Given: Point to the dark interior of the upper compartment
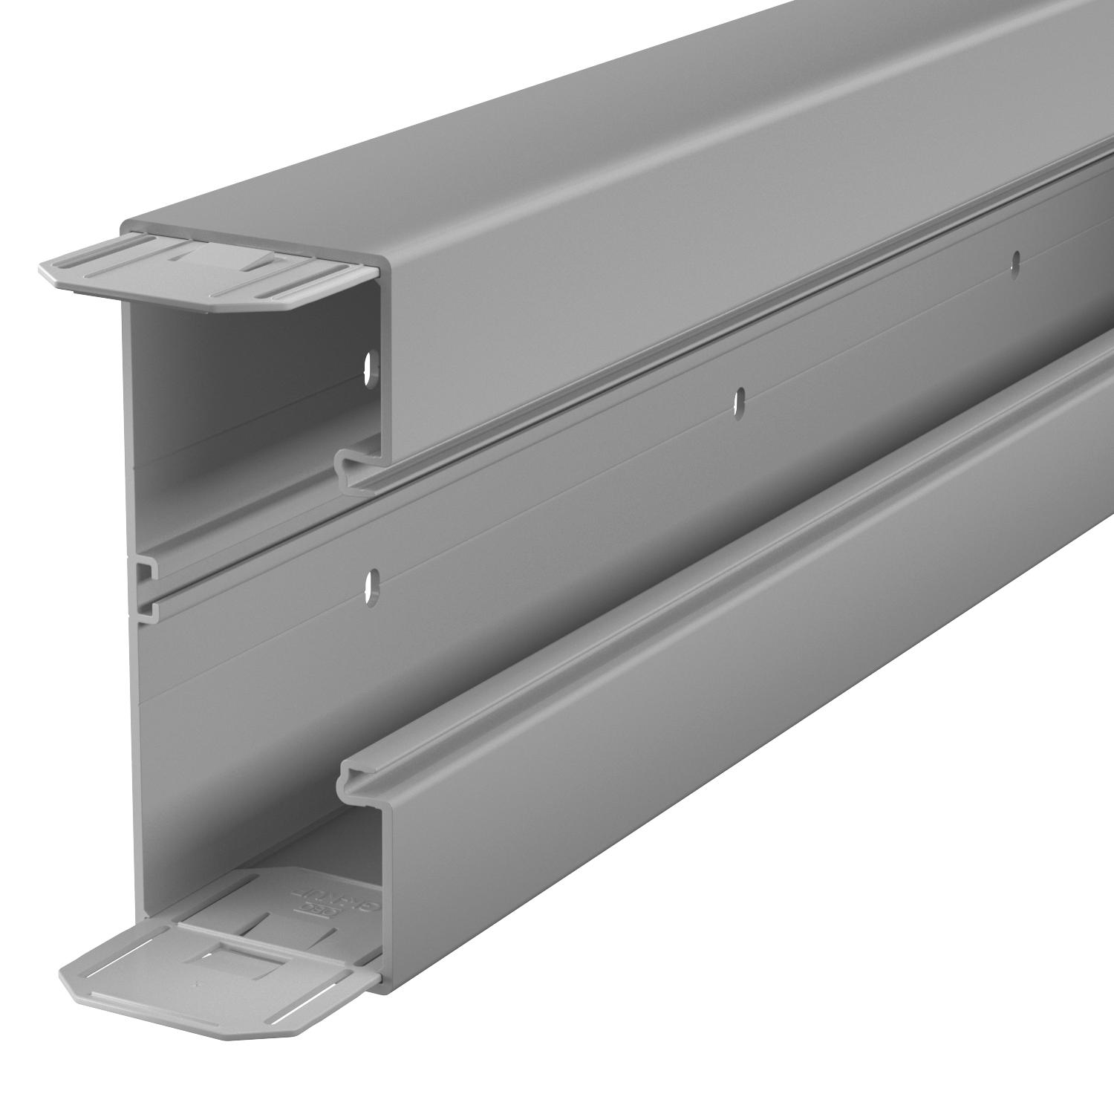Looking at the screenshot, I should (245, 386).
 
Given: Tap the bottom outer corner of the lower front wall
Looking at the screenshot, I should (385, 990).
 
